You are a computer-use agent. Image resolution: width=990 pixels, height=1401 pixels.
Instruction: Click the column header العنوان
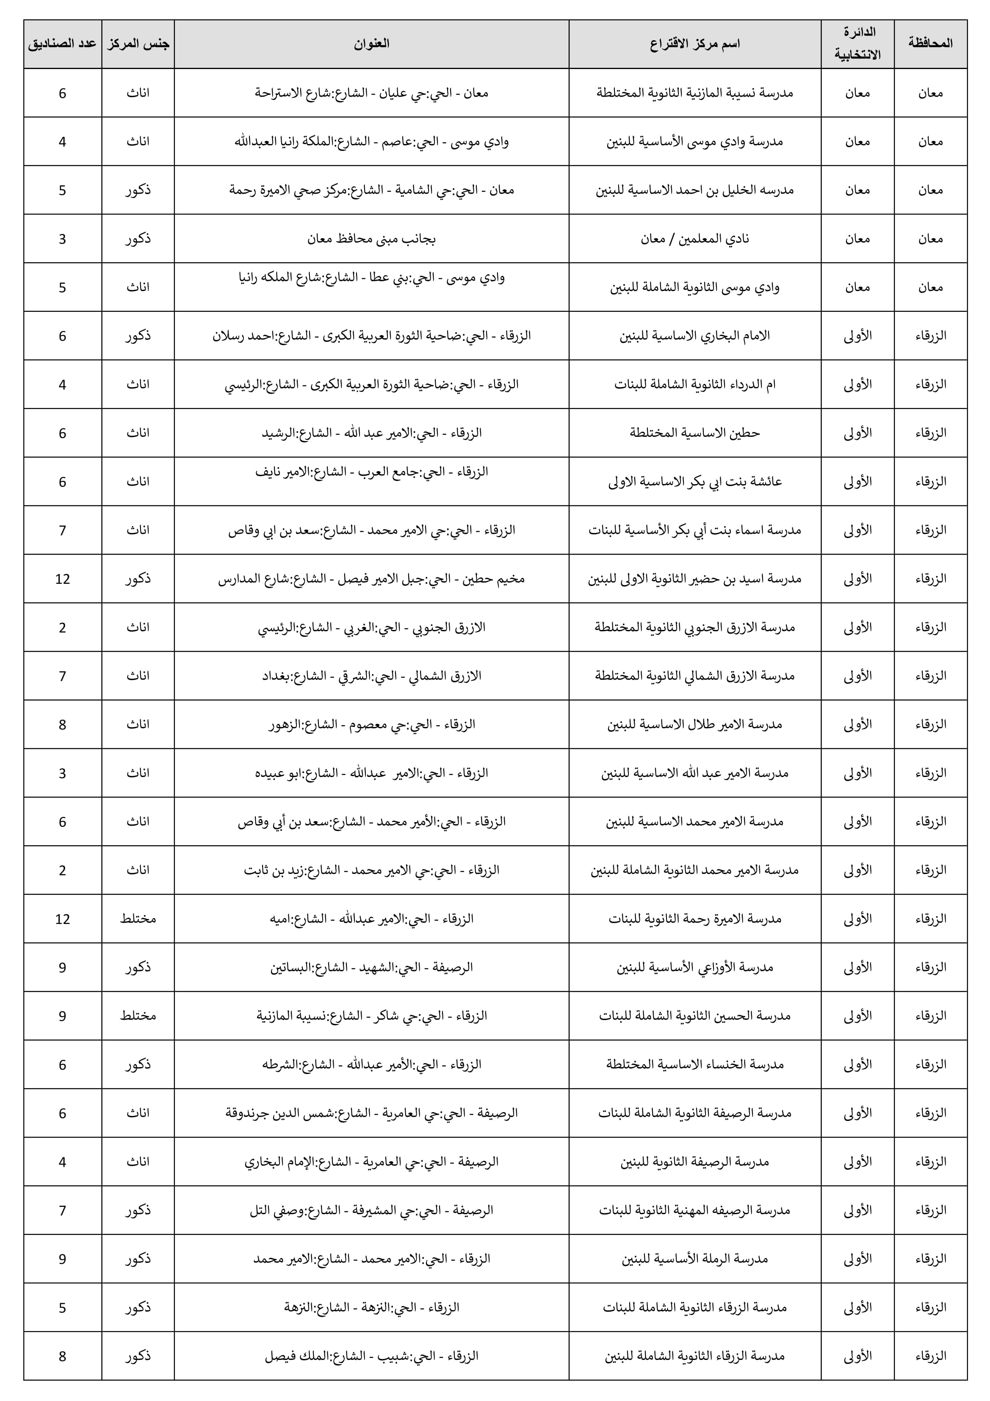pyautogui.click(x=371, y=43)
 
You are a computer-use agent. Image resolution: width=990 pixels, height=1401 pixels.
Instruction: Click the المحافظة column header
pyautogui.click(x=930, y=43)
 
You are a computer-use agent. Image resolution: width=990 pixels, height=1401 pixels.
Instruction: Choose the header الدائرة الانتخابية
pyautogui.click(x=857, y=43)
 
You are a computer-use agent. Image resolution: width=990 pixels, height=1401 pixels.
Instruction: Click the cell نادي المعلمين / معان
pyautogui.click(x=695, y=239)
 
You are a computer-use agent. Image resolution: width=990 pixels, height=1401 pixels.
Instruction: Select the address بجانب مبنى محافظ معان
pyautogui.click(x=371, y=239)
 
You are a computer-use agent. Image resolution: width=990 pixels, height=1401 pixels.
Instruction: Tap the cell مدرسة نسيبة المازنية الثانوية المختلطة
pyautogui.click(x=695, y=93)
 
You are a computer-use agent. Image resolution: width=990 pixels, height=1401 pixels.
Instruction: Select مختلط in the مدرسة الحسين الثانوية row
pyautogui.click(x=138, y=1016)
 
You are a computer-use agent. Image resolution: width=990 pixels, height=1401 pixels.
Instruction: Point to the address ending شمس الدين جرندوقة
pyautogui.click(x=371, y=1113)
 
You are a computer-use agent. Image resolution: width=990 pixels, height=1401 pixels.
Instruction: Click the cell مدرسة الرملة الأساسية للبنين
pyautogui.click(x=695, y=1259)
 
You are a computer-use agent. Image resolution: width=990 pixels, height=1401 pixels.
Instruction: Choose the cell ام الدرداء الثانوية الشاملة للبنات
pyautogui.click(x=695, y=384)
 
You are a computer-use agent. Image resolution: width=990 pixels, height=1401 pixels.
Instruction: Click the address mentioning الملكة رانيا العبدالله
pyautogui.click(x=371, y=141)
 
